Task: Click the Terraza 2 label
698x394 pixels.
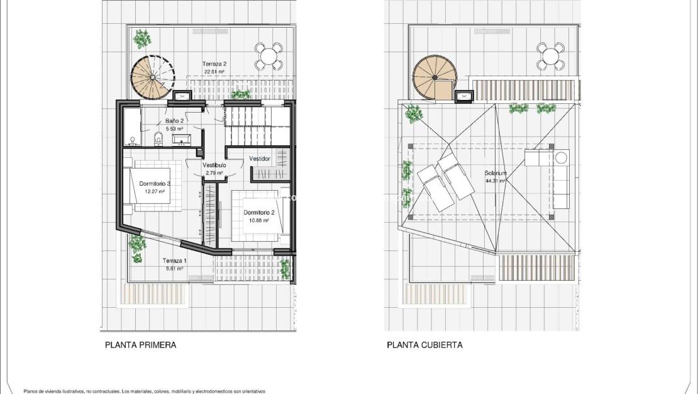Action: point(214,64)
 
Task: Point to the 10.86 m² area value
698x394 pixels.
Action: point(257,221)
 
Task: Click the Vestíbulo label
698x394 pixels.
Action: point(214,165)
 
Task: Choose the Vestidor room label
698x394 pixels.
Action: point(260,159)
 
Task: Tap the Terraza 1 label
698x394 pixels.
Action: point(174,261)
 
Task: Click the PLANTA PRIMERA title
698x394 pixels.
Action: point(140,345)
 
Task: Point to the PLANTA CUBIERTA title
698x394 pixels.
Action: point(424,345)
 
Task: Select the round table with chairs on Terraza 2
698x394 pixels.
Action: point(269,56)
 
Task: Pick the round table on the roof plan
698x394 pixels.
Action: point(550,56)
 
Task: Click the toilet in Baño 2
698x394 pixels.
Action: point(158,138)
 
